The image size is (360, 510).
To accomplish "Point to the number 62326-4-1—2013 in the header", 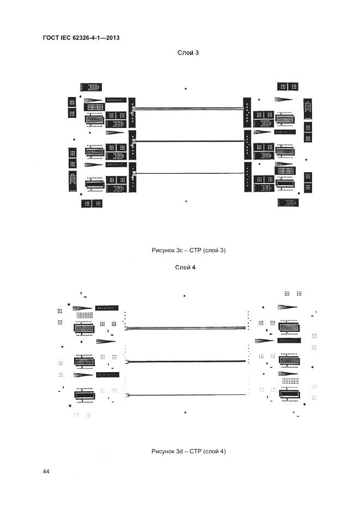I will (98, 38).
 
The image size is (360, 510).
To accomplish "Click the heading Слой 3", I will (188, 53).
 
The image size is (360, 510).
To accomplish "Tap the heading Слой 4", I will (185, 267).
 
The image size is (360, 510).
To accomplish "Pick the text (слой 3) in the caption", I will (215, 250).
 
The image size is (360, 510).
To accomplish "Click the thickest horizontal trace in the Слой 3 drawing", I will (188, 109).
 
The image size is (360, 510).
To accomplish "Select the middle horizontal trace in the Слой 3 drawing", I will (188, 141).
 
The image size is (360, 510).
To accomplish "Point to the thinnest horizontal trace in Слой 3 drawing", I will (188, 173).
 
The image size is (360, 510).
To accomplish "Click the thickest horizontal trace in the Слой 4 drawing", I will (185, 329).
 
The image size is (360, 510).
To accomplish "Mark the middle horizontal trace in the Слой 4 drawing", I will (185, 362).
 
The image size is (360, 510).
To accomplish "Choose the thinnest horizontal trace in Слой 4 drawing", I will (185, 395).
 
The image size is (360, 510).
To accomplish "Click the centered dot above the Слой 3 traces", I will (186, 88).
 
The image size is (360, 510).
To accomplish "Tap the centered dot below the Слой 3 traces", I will (186, 201).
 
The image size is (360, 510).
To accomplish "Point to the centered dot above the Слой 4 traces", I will (185, 296).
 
